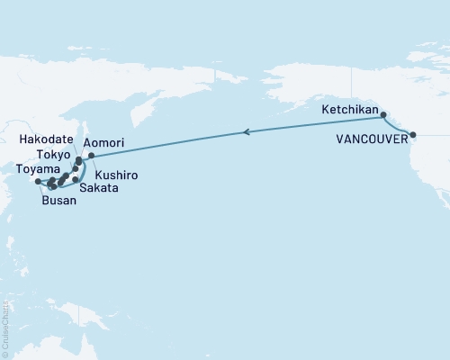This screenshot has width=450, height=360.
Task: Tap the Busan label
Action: [x=58, y=202]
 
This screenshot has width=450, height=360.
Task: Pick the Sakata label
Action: [x=96, y=190]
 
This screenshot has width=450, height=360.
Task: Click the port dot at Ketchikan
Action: [x=384, y=115]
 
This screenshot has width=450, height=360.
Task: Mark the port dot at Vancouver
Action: [x=413, y=135]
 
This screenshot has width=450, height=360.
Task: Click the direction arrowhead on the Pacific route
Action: [x=246, y=132]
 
